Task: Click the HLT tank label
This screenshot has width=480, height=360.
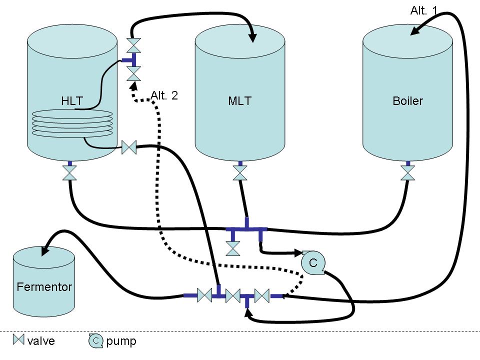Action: tap(71, 100)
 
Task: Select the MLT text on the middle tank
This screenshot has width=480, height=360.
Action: tap(239, 101)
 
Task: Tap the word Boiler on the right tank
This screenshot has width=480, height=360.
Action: tap(407, 101)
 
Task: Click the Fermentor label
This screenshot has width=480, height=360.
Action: tap(44, 287)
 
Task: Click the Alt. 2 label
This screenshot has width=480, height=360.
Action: tap(164, 95)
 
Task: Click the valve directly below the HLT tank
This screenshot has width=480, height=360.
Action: tap(69, 173)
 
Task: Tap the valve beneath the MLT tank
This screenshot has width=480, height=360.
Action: tap(240, 173)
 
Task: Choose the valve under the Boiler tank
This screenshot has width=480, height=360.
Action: tap(408, 173)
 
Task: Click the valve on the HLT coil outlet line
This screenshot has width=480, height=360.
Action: tap(129, 147)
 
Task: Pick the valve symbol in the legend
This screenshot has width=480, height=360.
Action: tap(18, 340)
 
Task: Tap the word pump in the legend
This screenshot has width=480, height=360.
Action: tap(121, 341)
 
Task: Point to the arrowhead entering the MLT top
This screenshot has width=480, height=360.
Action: tap(252, 37)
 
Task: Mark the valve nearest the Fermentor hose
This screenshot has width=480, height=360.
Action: tap(204, 295)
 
